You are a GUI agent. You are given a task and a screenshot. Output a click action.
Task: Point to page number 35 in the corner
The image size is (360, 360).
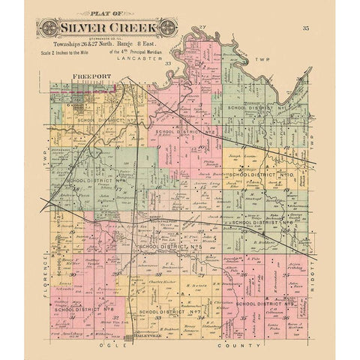(x=305, y=28)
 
